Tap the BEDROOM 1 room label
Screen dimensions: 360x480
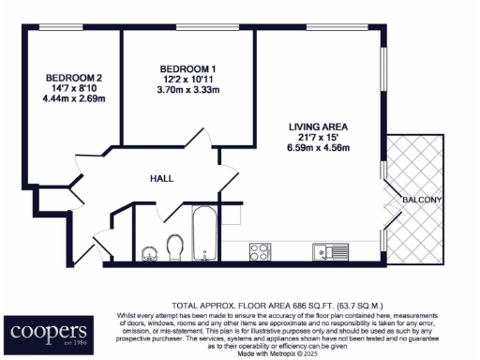(187, 69)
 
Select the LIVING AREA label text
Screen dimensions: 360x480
(317, 126)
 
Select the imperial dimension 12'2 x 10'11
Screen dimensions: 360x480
(187, 81)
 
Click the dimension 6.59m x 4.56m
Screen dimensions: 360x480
(317, 148)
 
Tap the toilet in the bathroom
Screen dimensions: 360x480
(174, 247)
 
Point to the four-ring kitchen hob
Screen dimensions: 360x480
(260, 251)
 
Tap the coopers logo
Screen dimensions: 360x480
(50, 331)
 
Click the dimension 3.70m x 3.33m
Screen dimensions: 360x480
(187, 92)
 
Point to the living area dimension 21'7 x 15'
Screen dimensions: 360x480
(317, 137)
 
